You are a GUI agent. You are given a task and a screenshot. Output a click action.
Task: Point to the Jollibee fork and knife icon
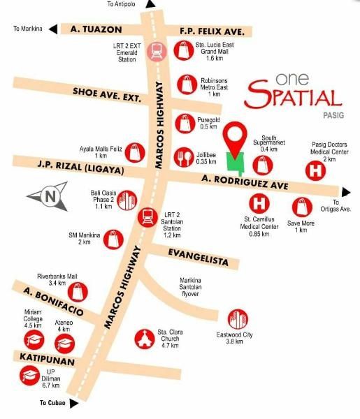pos(185,156)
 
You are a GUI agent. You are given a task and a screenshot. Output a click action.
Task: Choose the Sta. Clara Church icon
pos(146,337)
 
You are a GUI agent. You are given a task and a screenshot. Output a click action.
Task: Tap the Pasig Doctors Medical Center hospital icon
pos(317,170)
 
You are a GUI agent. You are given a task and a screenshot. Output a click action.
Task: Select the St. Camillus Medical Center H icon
pos(260,205)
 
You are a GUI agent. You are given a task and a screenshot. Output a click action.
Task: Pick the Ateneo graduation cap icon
pos(64,342)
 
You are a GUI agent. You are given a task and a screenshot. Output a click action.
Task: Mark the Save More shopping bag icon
pos(301,207)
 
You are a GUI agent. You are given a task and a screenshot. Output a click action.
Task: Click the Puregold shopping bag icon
pos(185,123)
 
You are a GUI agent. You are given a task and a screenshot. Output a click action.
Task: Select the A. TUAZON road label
pos(97,29)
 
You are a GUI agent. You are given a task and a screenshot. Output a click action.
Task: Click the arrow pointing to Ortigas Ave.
pos(346,191)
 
